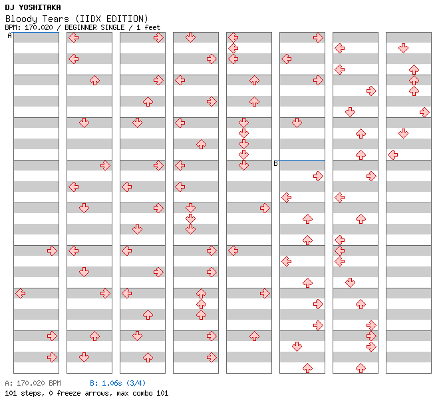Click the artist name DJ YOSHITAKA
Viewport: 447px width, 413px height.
coord(33,7)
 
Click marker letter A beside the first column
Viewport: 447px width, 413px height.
coord(9,36)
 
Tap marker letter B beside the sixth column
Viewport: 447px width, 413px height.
coord(275,163)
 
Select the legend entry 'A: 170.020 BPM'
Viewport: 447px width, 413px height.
coord(33,383)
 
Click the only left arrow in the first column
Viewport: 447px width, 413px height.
coord(20,293)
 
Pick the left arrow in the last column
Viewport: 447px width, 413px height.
coord(392,155)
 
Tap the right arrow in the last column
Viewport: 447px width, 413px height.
coord(424,112)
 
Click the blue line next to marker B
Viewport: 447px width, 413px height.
coord(302,160)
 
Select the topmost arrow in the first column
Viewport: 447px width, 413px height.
coord(52,250)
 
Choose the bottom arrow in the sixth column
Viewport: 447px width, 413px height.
coord(307,368)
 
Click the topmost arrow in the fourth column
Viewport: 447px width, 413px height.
coord(190,37)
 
